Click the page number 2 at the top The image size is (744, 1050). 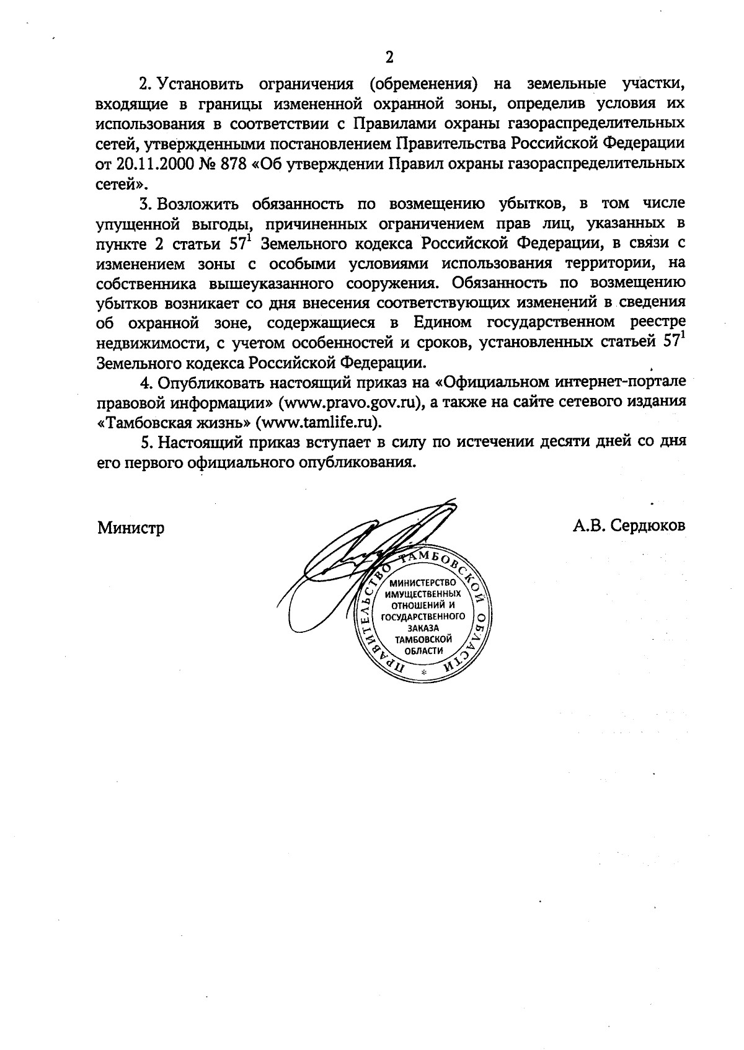tap(389, 58)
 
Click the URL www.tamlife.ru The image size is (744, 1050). tap(320, 422)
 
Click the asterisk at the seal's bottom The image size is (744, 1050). tap(424, 673)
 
